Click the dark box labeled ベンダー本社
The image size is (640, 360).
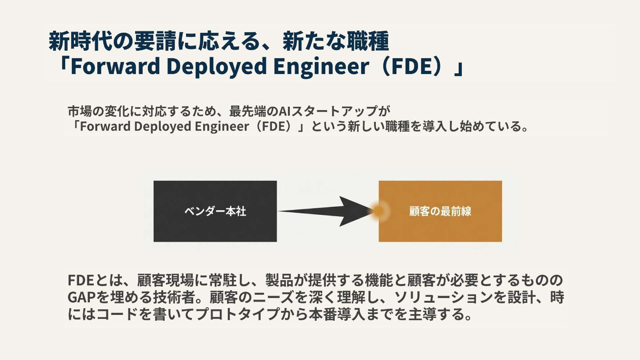215,211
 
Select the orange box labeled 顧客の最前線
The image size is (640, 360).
440,211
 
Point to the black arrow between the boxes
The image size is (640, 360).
327,211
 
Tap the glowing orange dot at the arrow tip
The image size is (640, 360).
379,211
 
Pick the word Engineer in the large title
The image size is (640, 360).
321,66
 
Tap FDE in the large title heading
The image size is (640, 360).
412,66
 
